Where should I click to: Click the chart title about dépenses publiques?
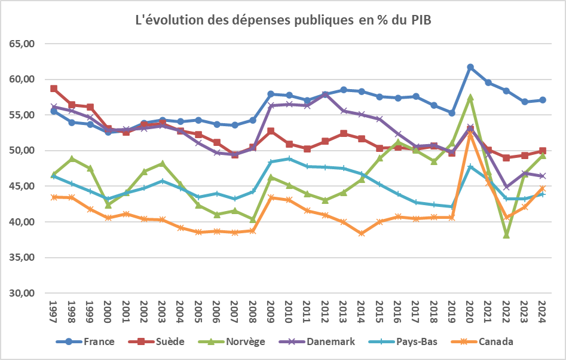pos(283,20)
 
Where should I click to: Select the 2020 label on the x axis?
pos(470,312)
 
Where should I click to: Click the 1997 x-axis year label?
pos(54,312)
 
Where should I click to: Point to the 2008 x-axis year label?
pos(253,312)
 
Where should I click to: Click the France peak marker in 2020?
pos(470,67)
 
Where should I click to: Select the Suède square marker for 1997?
pos(54,89)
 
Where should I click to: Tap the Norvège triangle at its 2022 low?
pos(506,235)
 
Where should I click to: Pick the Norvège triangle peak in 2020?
pos(470,97)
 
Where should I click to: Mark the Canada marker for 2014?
pos(362,233)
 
